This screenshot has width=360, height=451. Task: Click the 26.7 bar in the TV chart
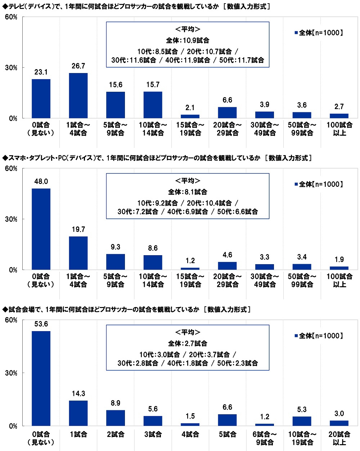tap(78, 96)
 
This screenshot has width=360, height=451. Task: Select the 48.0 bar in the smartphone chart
tap(41, 229)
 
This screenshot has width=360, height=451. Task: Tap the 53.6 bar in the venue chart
tap(41, 378)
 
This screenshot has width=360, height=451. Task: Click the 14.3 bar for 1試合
tap(78, 413)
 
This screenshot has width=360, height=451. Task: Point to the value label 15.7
tap(153, 85)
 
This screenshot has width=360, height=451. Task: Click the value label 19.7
tap(78, 229)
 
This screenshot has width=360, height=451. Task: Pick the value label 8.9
tap(116, 403)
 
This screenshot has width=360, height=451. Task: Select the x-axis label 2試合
tap(116, 434)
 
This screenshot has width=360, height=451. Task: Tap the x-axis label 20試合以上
tap(339, 438)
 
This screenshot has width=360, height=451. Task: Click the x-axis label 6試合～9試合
tap(265, 438)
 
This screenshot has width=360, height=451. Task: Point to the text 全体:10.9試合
tap(188, 40)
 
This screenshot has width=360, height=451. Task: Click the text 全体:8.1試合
tap(188, 192)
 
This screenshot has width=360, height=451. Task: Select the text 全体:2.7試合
tap(188, 343)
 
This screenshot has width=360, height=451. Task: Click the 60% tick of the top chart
tap(11, 17)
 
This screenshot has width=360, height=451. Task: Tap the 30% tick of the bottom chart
tap(11, 373)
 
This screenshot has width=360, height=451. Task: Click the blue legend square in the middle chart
tap(296, 184)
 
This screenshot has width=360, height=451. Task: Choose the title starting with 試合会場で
tap(126, 310)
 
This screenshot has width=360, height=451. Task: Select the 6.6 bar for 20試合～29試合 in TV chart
tap(227, 113)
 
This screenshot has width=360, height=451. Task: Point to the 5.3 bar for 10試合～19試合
tap(302, 421)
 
